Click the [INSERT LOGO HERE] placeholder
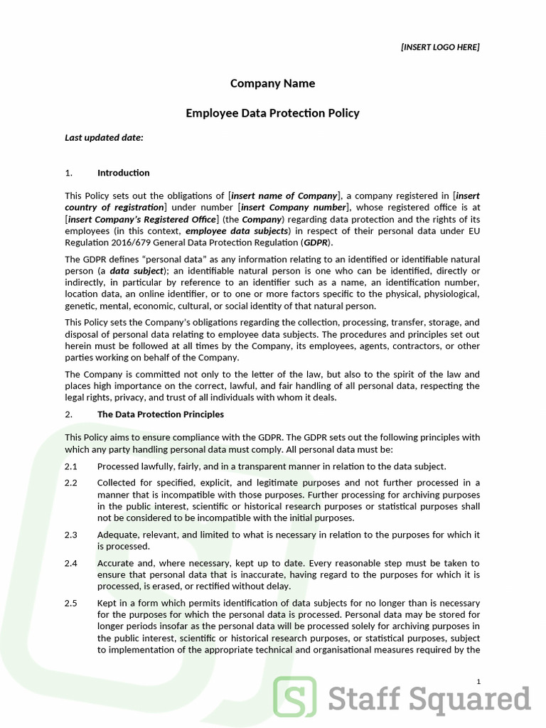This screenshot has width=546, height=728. point(440,47)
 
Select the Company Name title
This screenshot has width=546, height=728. point(272,84)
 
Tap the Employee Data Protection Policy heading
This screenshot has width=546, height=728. point(272,113)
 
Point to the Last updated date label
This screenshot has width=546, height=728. point(104,137)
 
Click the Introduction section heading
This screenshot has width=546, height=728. point(123,173)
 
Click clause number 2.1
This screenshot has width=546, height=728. point(70,466)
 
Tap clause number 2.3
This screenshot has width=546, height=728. point(70,535)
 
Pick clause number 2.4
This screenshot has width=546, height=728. point(70,563)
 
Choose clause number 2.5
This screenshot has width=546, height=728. point(70,604)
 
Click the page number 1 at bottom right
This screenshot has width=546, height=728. point(478,682)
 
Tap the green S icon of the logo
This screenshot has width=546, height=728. point(295,698)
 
